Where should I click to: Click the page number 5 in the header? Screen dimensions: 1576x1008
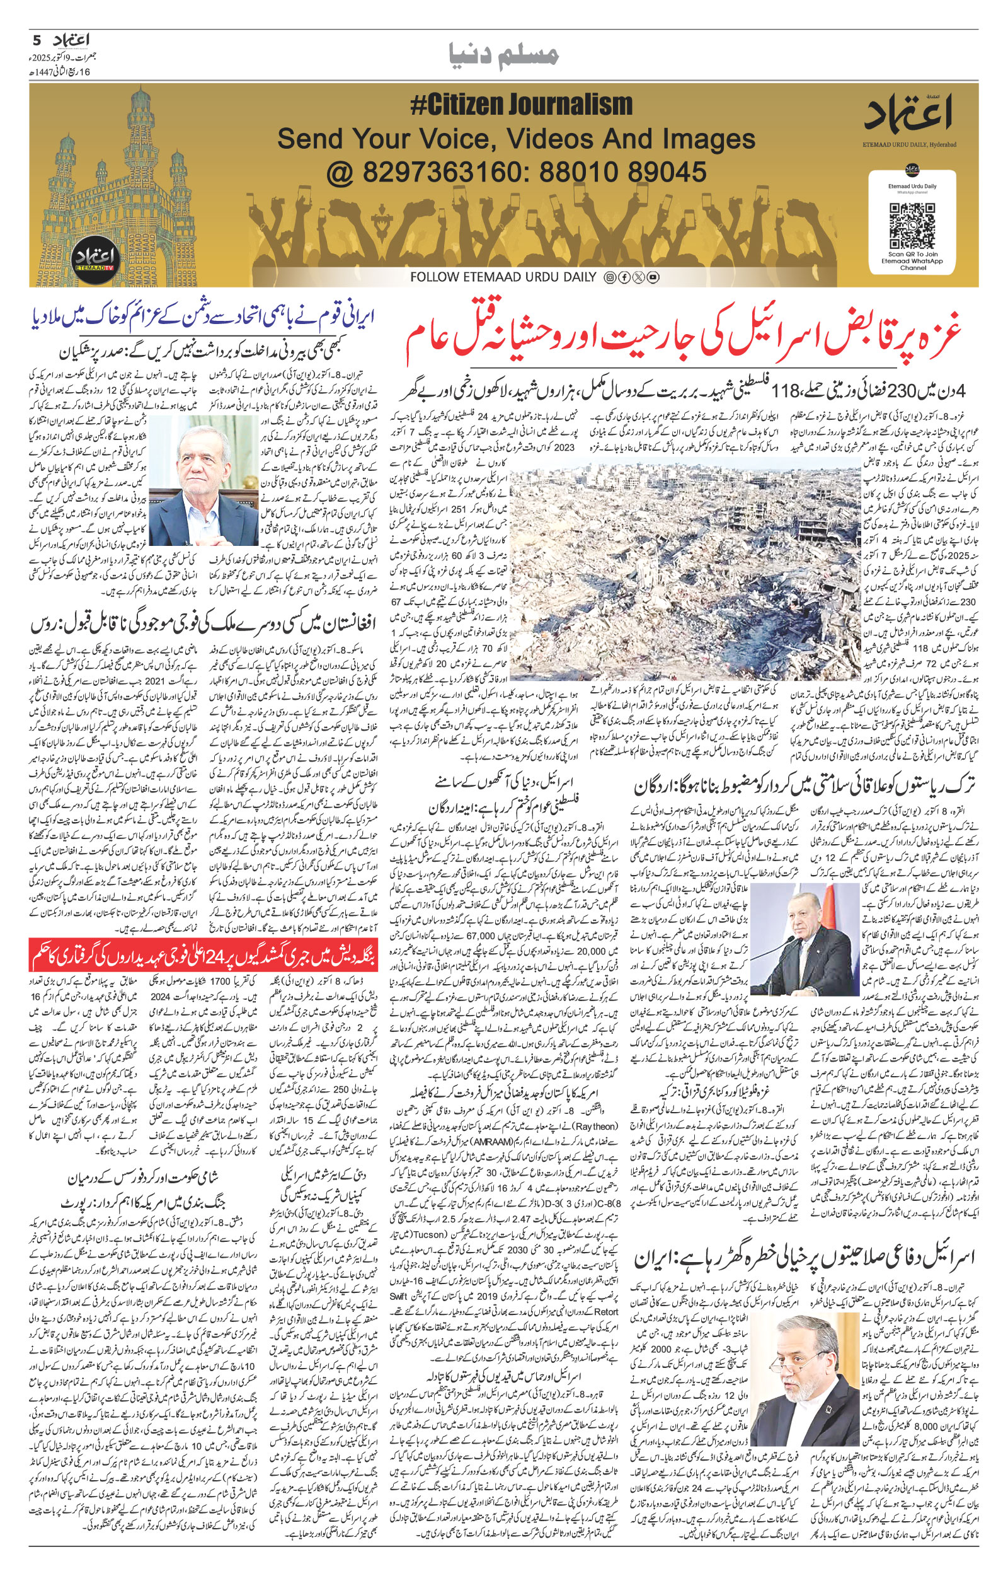[37, 40]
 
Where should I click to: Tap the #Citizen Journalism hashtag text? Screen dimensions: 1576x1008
[521, 105]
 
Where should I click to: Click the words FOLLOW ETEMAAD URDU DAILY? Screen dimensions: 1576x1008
[503, 277]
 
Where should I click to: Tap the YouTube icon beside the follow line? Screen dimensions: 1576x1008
[653, 277]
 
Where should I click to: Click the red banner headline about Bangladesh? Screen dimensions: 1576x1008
[203, 955]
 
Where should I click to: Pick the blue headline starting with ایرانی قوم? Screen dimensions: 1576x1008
[203, 317]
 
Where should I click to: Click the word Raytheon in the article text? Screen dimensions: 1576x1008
[593, 1126]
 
